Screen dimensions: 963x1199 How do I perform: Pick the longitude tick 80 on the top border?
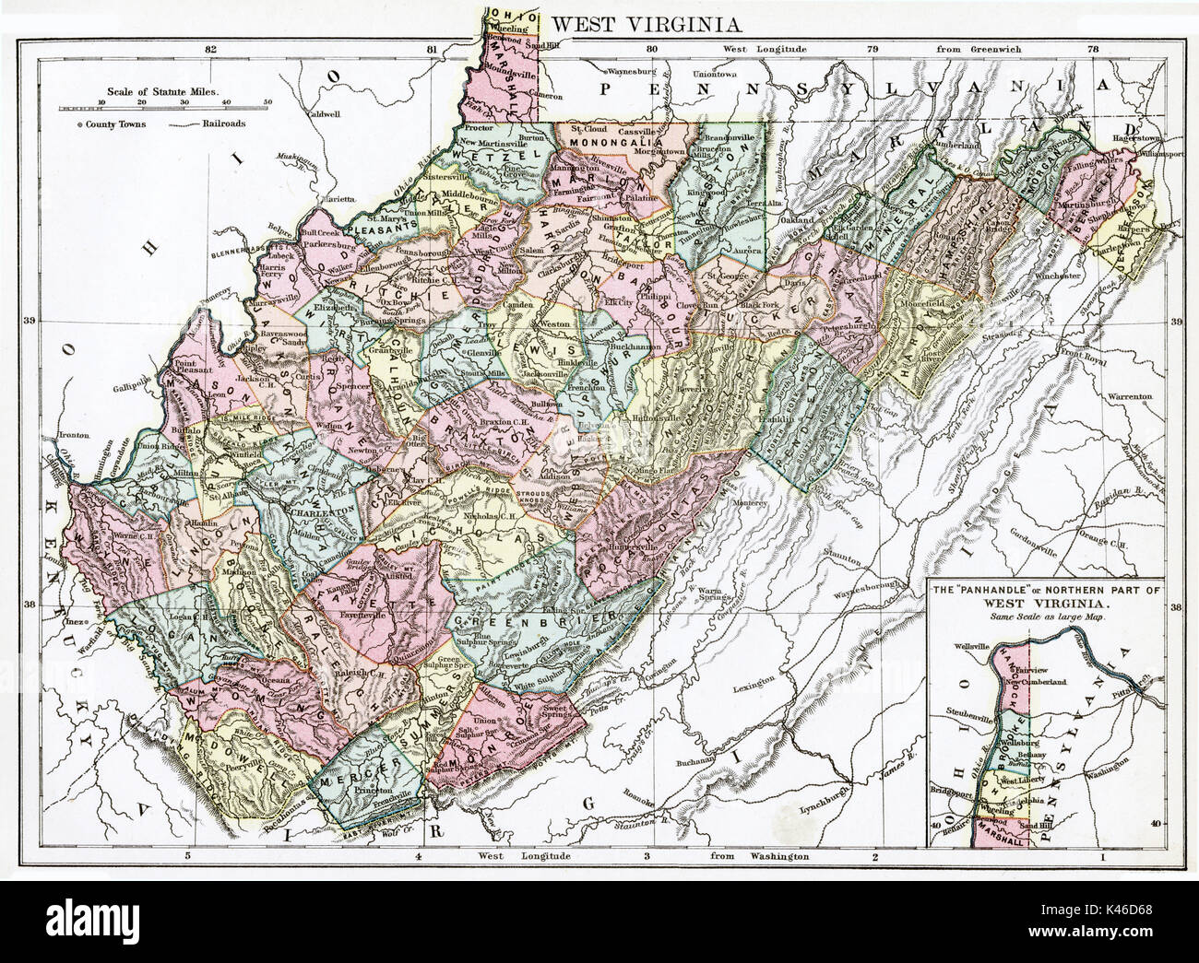[652, 49]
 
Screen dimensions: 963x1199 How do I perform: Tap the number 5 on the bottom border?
[189, 857]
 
